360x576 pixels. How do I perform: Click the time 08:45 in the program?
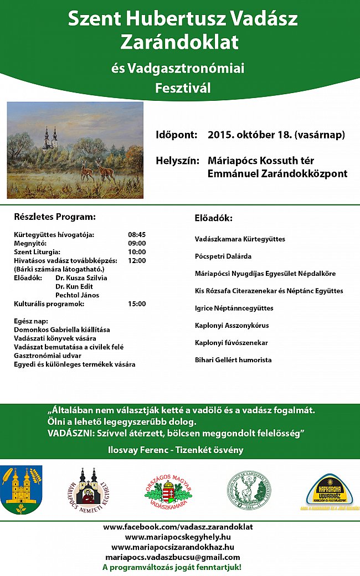(x=136, y=234)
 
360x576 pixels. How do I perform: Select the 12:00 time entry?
(x=136, y=260)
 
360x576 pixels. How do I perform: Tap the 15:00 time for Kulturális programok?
(x=136, y=304)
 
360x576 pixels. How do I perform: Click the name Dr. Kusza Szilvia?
(x=81, y=277)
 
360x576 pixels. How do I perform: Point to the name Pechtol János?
(x=78, y=295)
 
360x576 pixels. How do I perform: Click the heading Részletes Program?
(x=55, y=217)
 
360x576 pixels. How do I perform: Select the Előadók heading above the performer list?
(x=213, y=218)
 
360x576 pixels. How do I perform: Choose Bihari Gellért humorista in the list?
(x=233, y=359)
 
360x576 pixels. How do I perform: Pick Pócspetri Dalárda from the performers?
(x=223, y=256)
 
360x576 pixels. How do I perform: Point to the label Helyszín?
(x=177, y=161)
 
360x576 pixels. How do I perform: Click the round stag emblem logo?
(x=249, y=490)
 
